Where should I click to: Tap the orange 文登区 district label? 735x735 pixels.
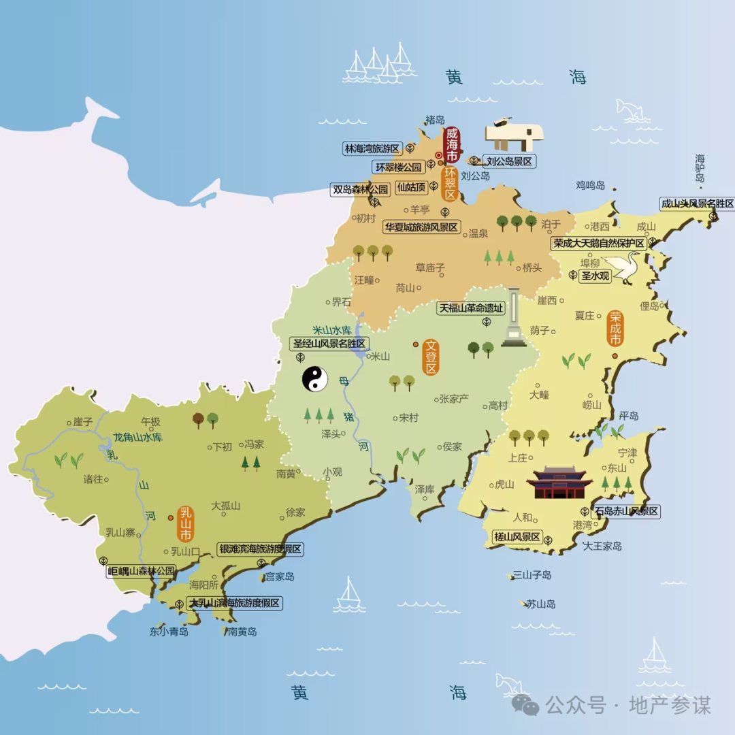[x=430, y=357]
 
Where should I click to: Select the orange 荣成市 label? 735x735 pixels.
[x=615, y=329]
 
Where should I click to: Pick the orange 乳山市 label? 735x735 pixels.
[x=185, y=523]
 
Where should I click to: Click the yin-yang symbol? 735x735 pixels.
[x=315, y=379]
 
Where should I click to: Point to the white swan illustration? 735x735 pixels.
[x=623, y=267]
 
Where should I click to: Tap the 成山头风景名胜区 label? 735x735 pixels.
[x=698, y=204]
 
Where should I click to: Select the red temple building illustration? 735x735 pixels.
[x=559, y=483]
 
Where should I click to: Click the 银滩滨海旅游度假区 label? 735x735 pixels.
[x=259, y=549]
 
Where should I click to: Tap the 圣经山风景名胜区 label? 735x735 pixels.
[x=329, y=344]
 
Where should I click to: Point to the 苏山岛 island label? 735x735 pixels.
[x=540, y=604]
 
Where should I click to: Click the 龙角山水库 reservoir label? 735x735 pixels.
[x=138, y=438]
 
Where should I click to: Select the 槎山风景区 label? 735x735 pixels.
[x=517, y=538]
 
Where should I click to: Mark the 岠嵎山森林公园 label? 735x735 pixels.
[x=142, y=571]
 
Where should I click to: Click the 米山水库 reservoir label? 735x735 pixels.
[x=331, y=329]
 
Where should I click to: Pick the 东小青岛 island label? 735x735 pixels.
[x=169, y=632]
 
